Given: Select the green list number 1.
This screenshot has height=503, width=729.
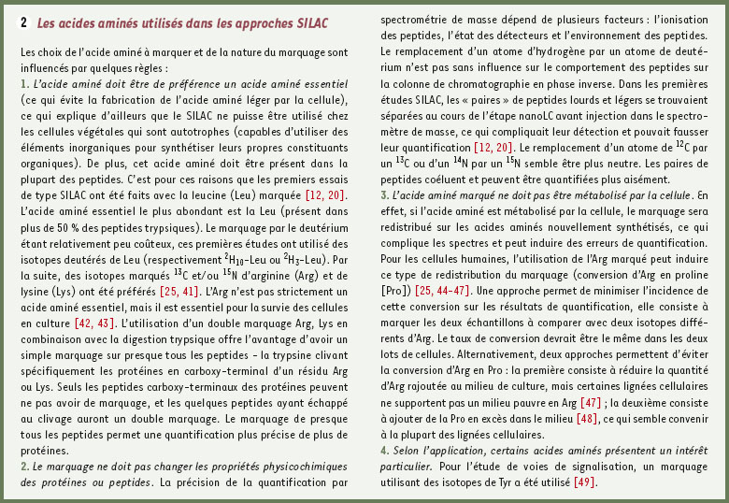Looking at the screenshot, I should pos(23,84).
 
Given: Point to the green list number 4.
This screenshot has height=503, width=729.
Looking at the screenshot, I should pos(384,450).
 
